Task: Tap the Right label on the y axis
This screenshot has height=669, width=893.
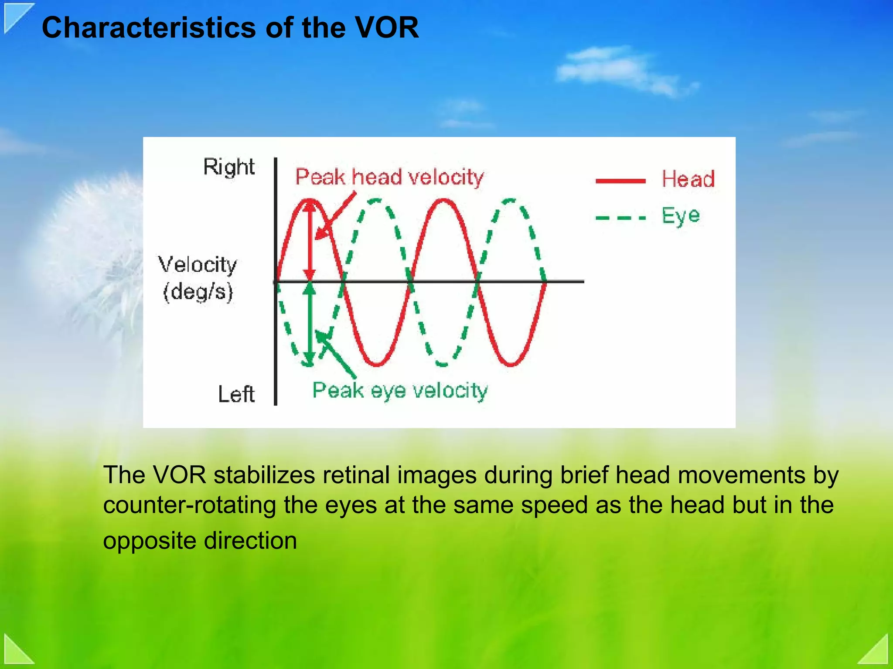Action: pos(228,167)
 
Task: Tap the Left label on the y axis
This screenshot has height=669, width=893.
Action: pos(236,394)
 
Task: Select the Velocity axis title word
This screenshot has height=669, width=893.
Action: pos(198,265)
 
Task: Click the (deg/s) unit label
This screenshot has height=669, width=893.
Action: pos(198,291)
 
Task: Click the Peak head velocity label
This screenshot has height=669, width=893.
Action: pos(389,177)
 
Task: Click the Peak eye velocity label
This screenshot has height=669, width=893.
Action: pos(399,390)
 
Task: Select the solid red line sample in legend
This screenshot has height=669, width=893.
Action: pos(620,181)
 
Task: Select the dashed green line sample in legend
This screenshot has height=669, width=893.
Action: pos(620,218)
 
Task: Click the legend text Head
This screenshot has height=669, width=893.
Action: pos(688,179)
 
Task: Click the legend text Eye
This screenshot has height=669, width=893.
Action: pos(681,215)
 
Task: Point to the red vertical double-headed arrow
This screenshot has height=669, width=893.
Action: pos(310,240)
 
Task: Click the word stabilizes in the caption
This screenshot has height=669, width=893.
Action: pos(264,474)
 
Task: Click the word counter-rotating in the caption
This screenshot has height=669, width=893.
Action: pos(189,505)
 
